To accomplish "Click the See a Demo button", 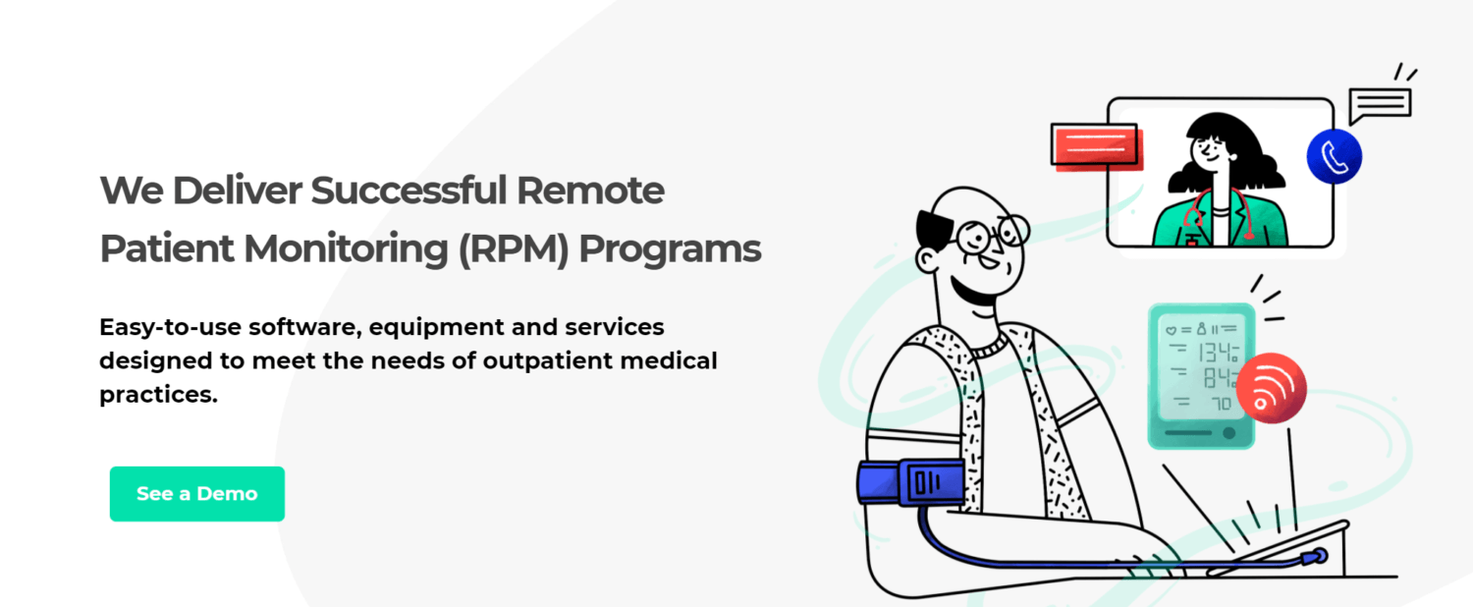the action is coord(197,494).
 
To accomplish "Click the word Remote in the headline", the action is coord(590,191).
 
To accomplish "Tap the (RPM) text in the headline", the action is coord(513,249).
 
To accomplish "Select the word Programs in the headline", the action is coord(670,250).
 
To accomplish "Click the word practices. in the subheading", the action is coord(158,395).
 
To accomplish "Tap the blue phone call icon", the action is coord(1335,156).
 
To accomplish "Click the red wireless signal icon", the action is coord(1271,388).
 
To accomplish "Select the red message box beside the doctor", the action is coord(1096,146).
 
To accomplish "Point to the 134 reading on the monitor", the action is coord(1218,353).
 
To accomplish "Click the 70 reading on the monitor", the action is coord(1222,403).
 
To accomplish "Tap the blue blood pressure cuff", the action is coord(910,482).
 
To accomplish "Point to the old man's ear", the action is coord(927,259).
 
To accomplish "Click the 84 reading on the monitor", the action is coord(1219,378).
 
